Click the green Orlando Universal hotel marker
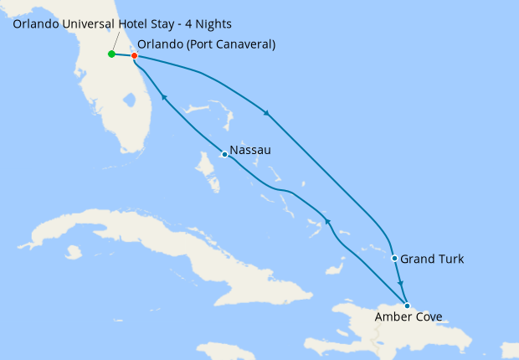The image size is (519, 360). [111, 54]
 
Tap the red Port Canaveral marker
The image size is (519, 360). [135, 56]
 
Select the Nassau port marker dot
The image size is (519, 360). [224, 154]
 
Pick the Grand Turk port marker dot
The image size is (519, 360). [394, 258]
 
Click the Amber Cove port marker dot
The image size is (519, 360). [407, 306]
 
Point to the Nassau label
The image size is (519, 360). [250, 151]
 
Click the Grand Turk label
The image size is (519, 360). [432, 260]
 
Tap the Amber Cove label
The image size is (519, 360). [409, 317]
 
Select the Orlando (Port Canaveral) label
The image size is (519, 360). [206, 44]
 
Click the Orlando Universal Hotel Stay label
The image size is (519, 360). [122, 23]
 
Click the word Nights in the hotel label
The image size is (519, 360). [211, 23]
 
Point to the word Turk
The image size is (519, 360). [449, 260]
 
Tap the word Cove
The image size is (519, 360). [426, 317]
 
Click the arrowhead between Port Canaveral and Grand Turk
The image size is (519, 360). [267, 114]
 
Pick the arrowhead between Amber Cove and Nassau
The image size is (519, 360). [327, 222]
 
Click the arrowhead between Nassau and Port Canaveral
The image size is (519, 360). [164, 99]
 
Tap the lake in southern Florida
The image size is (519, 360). [129, 101]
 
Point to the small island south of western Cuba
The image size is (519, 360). [74, 251]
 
